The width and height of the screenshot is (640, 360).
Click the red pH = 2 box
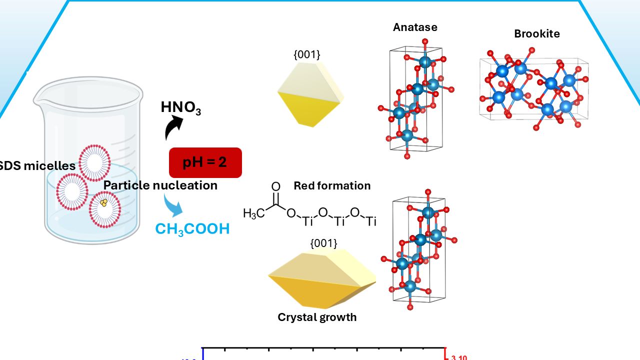(205, 162)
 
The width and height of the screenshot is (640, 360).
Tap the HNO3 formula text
(180, 107)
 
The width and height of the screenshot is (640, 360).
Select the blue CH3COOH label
(192, 229)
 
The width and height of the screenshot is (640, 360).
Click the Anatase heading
(415, 27)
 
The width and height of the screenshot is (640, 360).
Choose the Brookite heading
(537, 34)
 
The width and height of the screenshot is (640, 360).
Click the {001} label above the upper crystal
(306, 54)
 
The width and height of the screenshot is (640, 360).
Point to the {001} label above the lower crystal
(323, 243)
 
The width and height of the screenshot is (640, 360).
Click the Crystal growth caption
(317, 317)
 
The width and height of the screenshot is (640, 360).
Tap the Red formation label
(332, 186)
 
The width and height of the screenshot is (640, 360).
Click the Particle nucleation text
(160, 185)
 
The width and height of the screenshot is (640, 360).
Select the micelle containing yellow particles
(104, 209)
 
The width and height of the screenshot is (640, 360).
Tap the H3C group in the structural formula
(253, 213)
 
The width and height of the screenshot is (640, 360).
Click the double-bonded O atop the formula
(275, 187)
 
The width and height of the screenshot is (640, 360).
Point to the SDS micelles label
(38, 165)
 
